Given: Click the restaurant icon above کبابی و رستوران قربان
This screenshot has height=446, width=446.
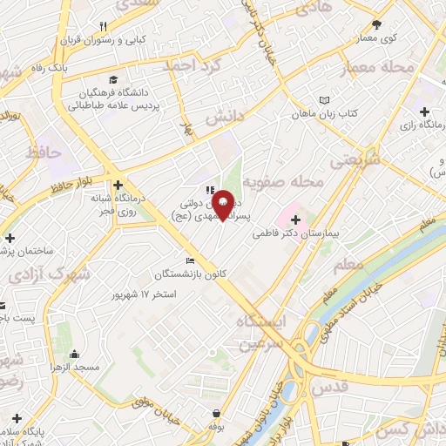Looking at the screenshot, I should [104, 26].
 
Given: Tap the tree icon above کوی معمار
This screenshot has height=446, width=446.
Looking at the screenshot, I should [376, 25].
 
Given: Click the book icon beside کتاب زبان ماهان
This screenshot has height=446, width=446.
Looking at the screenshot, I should [325, 101].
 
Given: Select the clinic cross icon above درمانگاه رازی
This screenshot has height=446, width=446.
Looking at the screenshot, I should [424, 111].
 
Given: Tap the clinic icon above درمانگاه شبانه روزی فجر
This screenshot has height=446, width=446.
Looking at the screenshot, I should [118, 184].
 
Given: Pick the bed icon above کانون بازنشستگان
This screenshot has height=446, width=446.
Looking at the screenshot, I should [191, 260].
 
